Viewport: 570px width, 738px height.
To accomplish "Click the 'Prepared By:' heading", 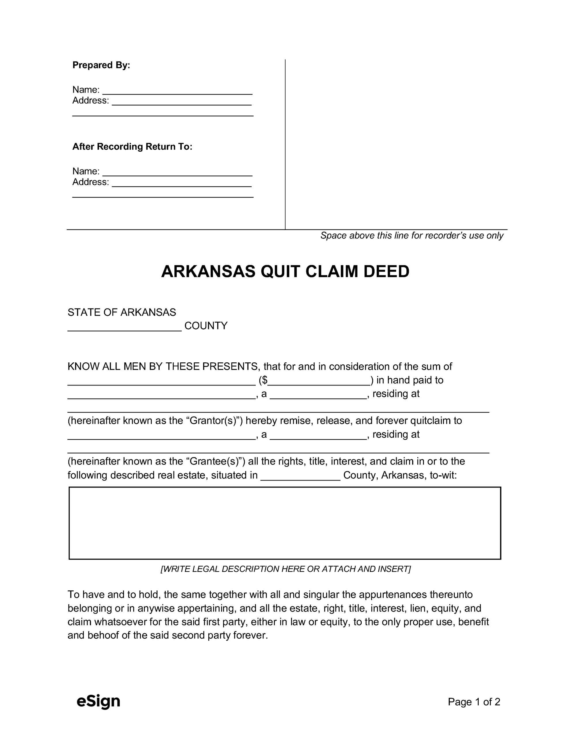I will point(101,65).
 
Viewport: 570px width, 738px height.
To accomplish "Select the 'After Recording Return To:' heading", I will point(132,147).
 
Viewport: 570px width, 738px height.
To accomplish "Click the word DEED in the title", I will point(386,272).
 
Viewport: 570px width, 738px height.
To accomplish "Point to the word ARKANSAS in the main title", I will point(208,272).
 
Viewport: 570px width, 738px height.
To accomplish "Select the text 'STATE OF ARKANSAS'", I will point(122,312).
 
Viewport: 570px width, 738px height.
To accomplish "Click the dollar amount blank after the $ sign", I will point(319,381).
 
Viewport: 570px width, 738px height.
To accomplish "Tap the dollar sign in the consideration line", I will point(265,381).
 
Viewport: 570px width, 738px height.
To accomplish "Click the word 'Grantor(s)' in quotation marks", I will point(214,421).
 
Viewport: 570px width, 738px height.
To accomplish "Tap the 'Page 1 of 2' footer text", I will point(474,702).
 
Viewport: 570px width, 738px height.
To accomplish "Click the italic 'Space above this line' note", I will point(412,236).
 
